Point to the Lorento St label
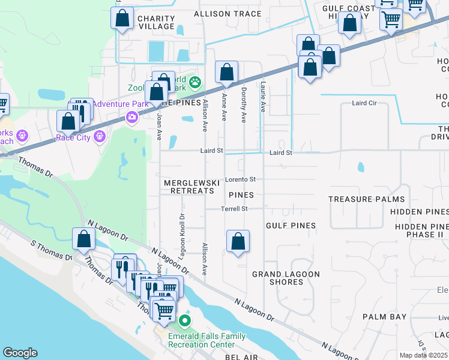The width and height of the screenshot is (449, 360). [x=241, y=179]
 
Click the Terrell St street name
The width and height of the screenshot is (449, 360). [x=234, y=209]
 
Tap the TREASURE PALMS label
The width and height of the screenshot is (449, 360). [x=366, y=199]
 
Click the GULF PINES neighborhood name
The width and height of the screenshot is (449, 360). [x=291, y=226]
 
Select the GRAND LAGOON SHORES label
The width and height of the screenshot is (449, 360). [x=286, y=278]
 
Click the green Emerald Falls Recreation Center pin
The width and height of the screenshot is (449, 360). [x=185, y=321]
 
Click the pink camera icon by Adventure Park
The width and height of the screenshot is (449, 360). [x=131, y=117]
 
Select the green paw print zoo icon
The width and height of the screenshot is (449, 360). [x=195, y=82]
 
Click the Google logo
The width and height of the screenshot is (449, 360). [x=20, y=353]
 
